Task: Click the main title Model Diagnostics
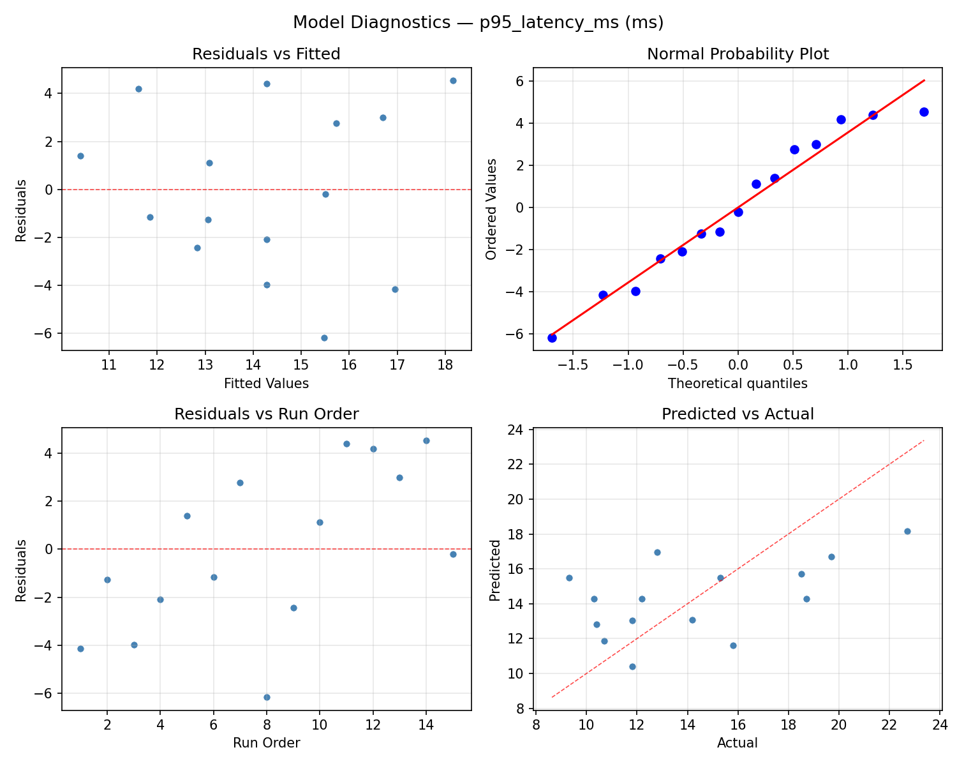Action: click(x=478, y=23)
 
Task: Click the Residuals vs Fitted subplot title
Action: click(x=266, y=54)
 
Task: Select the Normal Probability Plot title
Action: click(x=738, y=54)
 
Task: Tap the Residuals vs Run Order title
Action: click(x=266, y=414)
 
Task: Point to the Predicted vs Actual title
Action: click(x=738, y=414)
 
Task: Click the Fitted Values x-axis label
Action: click(x=266, y=384)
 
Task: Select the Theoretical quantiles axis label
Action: click(x=738, y=384)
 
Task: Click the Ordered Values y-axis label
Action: click(x=491, y=209)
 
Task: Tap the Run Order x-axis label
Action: click(x=266, y=743)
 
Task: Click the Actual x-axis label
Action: click(x=738, y=743)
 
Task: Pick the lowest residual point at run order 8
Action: click(x=267, y=697)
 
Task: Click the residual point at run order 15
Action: click(x=453, y=554)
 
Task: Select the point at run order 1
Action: click(x=80, y=649)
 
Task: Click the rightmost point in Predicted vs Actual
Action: click(x=907, y=531)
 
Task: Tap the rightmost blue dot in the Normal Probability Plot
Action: click(x=924, y=112)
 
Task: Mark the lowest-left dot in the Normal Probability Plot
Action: click(x=552, y=338)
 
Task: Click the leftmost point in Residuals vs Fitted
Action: click(x=80, y=156)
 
